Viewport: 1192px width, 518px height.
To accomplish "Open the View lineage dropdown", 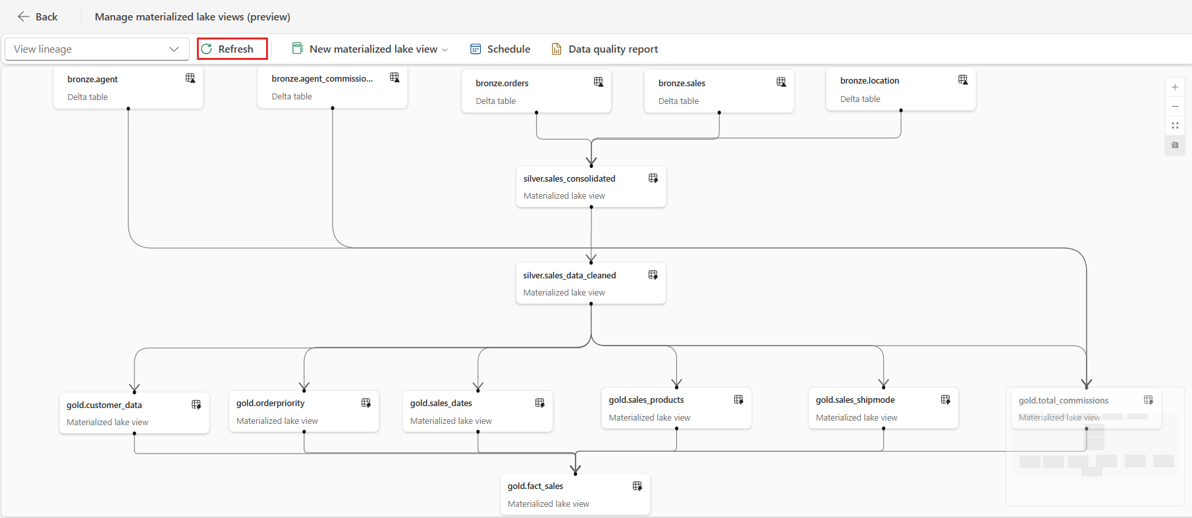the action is click(x=97, y=49).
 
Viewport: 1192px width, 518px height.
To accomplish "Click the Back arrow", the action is click(x=24, y=16).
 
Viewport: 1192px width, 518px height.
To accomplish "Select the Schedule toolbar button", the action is click(x=500, y=49).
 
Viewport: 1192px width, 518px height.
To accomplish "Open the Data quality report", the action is click(x=605, y=49).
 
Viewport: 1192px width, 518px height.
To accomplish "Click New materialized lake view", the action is click(x=370, y=49).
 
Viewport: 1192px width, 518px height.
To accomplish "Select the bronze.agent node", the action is click(x=128, y=88).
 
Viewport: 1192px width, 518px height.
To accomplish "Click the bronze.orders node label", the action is click(x=502, y=83).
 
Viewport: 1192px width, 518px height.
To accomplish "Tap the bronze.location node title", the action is click(x=869, y=80).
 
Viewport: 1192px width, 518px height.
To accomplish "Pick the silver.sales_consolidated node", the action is click(x=591, y=187).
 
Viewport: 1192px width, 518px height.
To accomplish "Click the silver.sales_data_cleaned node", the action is click(x=591, y=284).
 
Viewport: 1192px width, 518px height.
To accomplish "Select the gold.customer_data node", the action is click(x=134, y=413).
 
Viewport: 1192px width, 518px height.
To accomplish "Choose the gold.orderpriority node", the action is click(x=304, y=412).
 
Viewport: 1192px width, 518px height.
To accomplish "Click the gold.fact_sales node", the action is click(x=575, y=494).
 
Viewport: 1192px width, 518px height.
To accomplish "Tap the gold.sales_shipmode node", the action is click(x=883, y=408).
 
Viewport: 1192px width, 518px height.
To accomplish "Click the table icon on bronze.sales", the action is click(x=781, y=82).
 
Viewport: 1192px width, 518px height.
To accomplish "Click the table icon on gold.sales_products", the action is click(x=739, y=400).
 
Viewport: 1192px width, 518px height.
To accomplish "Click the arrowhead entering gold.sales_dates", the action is click(x=478, y=386).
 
